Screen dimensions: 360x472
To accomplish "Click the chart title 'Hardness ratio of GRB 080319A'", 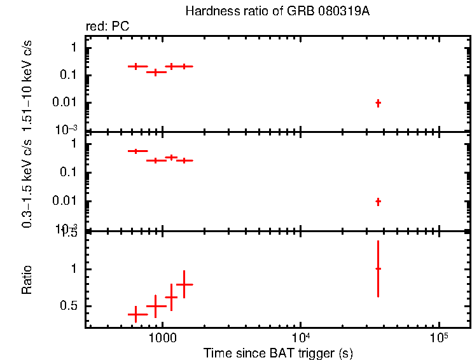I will coord(277,11).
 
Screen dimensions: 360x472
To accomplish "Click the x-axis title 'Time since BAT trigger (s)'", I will coord(278,352).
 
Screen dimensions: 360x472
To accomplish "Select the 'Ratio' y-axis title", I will coord(27,280).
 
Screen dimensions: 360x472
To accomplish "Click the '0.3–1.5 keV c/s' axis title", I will coord(27,184).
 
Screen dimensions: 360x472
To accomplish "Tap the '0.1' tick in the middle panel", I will coord(71,172).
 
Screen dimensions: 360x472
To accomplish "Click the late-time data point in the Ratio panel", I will coord(378,269).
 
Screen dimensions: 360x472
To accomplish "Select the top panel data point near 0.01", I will coord(378,102).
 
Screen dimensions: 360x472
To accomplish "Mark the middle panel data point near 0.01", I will coord(378,202).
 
